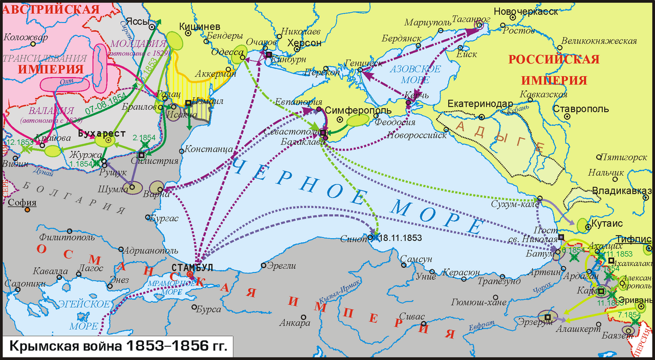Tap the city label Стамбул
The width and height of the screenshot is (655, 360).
click(x=192, y=267)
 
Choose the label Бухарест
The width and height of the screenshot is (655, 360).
click(x=102, y=133)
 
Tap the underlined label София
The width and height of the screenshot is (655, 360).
click(x=22, y=202)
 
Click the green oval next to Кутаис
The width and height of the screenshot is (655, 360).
click(x=582, y=225)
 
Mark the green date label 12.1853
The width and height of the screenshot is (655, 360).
click(x=16, y=141)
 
